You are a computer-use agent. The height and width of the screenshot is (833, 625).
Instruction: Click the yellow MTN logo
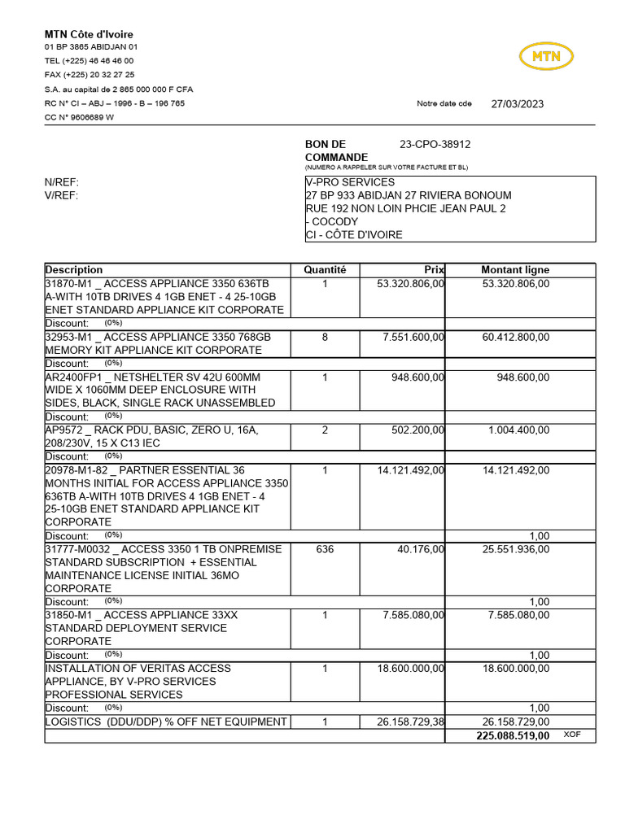coord(546,56)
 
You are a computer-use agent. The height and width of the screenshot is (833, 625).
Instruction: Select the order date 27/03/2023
coord(518,103)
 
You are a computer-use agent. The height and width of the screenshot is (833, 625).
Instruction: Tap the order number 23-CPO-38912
coord(435,144)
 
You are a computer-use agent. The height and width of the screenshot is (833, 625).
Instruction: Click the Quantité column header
coord(325,269)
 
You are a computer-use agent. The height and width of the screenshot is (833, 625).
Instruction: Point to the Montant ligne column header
coord(515,269)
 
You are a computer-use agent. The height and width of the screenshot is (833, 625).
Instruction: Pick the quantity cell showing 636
coord(325,549)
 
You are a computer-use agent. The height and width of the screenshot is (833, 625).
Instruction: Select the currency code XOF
coord(573,734)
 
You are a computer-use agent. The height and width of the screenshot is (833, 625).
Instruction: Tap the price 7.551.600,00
coord(413,337)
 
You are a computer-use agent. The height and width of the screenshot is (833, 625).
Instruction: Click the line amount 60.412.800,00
coord(515,337)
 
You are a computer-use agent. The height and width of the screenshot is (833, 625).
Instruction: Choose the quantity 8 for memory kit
coord(325,337)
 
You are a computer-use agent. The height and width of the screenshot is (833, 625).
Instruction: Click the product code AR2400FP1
coord(72,377)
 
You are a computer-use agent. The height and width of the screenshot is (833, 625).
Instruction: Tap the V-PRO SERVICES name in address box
coord(350,182)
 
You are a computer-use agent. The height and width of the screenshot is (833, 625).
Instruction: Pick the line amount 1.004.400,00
coord(518,430)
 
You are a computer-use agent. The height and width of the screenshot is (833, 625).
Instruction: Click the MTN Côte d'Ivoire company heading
coord(89,34)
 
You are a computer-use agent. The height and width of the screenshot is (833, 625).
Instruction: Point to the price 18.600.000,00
coord(410,668)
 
